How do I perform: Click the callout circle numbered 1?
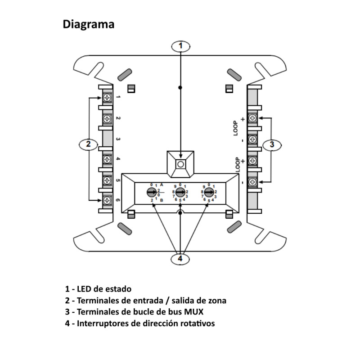(180, 45)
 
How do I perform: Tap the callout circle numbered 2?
(89, 144)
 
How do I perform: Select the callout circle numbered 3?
(271, 144)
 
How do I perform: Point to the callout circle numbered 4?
(180, 259)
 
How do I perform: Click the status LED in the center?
(180, 164)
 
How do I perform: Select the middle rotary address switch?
(180, 193)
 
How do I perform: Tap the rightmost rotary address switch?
(208, 193)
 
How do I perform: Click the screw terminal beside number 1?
(108, 97)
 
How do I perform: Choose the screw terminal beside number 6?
(108, 200)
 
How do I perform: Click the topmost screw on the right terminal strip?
(252, 118)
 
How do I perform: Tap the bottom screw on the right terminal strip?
(252, 182)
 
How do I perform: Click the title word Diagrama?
(88, 24)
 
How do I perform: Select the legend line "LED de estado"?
(99, 289)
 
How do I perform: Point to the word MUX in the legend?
(199, 312)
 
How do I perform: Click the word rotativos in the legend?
(196, 324)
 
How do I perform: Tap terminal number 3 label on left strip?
(118, 139)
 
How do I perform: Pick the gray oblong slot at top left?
(125, 73)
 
